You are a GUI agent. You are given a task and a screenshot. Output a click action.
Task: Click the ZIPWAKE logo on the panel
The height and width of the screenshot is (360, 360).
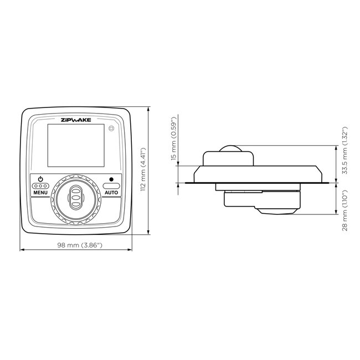click(x=76, y=119)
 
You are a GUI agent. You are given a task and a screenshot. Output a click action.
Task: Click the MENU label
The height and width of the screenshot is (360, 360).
click(x=40, y=192)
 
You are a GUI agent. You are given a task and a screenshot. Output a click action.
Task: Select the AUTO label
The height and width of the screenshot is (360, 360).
click(x=111, y=192)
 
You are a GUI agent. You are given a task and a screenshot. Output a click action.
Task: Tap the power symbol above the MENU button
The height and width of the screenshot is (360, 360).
click(x=40, y=178)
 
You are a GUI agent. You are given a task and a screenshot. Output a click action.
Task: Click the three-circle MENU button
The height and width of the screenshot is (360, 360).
click(x=40, y=186)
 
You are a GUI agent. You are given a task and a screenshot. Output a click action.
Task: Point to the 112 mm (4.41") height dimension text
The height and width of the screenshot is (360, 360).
click(x=143, y=169)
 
